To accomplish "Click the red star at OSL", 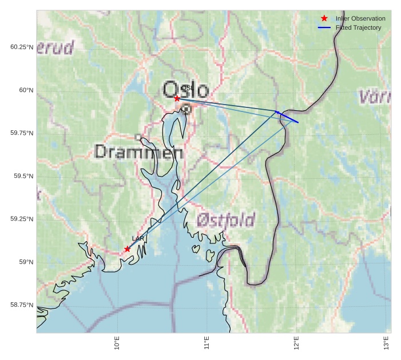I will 177,98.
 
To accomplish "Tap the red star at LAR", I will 127,249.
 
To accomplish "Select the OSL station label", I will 185,88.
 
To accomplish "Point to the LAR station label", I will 138,238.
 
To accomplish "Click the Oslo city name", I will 186,90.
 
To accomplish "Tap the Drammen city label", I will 138,152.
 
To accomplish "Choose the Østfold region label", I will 226,220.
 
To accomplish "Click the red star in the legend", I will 324,18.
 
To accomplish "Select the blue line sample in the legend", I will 324,27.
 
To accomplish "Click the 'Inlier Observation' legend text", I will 360,18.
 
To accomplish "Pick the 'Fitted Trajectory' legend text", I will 358,27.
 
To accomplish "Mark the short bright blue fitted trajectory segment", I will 288,117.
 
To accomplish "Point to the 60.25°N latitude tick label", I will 22,47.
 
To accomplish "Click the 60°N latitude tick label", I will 26,90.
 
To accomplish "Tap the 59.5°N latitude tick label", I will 23,176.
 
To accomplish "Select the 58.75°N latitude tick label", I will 22,305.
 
